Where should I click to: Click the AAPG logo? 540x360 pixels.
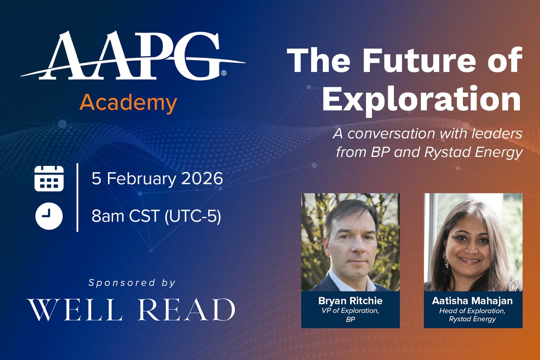pos(133,56)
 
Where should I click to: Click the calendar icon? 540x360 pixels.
pos(49,178)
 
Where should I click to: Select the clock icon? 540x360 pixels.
pos(49,216)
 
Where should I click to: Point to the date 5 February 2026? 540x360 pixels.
pos(157,179)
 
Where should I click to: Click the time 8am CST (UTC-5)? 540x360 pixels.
pos(156,216)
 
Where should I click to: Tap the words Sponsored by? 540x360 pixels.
pos(132,283)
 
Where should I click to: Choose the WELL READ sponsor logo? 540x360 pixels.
pos(131,310)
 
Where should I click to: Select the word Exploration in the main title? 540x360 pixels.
pos(421,99)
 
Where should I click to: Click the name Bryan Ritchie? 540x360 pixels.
pos(350,301)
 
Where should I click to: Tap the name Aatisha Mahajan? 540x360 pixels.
pos(472,301)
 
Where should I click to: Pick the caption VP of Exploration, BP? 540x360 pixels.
pos(350,315)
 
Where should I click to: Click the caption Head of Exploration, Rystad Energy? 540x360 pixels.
pos(472,315)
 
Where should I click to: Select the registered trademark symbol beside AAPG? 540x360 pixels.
pos(224,73)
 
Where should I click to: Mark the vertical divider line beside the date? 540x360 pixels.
pos(77,197)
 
